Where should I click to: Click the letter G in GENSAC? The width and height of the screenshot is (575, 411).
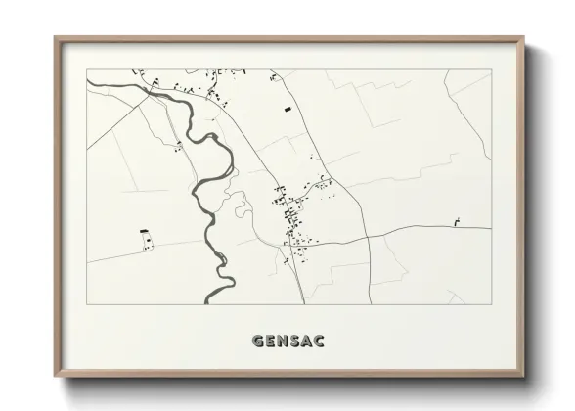click(258, 342)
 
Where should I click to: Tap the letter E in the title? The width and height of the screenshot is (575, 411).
click(271, 342)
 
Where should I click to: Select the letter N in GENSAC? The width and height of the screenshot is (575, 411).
click(284, 342)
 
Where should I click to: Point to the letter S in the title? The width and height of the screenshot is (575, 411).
click(295, 342)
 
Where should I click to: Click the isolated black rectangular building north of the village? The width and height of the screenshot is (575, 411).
click(287, 110)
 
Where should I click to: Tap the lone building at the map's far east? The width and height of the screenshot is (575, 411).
click(457, 222)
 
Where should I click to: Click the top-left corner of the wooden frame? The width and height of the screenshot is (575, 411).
click(56, 38)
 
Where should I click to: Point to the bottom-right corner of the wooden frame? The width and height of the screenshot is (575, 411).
click(523, 377)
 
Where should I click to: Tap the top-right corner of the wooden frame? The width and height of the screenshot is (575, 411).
click(523, 38)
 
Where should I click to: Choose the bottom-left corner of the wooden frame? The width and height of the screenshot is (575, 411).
click(56, 377)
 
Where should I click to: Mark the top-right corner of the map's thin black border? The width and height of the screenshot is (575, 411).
click(491, 69)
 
